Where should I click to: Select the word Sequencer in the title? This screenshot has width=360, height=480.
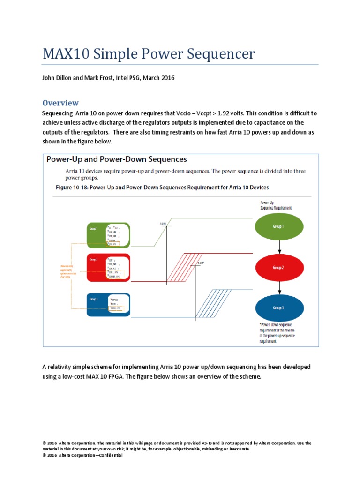point(222,54)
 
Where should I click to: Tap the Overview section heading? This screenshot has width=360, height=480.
point(60,103)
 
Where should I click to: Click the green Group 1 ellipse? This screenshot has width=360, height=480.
point(278,226)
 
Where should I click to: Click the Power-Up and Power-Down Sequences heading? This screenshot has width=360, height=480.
point(116,159)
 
